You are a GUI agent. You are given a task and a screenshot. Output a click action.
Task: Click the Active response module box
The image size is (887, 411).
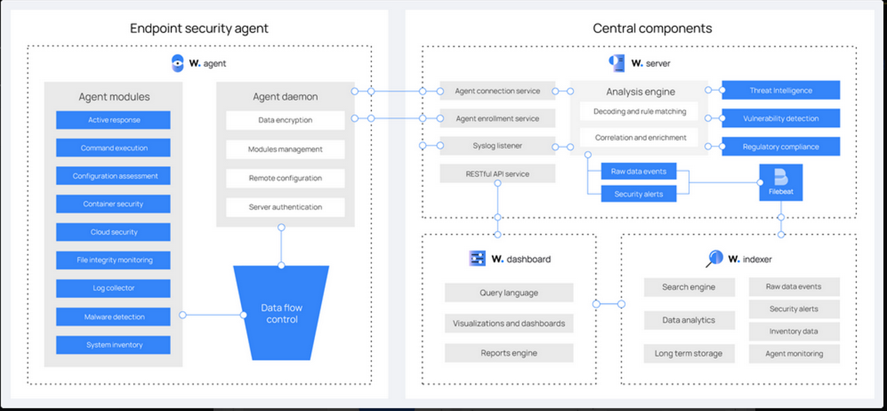point(113,120)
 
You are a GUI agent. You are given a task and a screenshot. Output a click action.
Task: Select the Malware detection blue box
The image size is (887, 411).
point(113,316)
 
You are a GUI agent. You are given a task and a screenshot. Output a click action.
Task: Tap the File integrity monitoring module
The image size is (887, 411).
point(113,260)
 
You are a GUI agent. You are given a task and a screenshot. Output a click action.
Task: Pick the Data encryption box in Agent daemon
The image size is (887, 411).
point(285,120)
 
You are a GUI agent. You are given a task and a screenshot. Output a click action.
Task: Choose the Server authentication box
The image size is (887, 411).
point(285,207)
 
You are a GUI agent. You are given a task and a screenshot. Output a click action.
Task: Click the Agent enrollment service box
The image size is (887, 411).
point(497,119)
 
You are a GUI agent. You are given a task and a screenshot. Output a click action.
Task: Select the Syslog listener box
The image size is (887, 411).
point(497,146)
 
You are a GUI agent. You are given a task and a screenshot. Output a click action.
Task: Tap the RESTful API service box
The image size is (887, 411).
point(497,174)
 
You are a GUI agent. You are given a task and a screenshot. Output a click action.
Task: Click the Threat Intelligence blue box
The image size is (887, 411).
point(781,91)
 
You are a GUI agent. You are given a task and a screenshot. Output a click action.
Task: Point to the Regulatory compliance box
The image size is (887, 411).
point(781,146)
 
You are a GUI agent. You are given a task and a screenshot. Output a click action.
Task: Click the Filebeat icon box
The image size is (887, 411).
point(781,182)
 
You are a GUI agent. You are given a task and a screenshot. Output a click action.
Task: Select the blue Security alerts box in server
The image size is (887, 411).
point(638,194)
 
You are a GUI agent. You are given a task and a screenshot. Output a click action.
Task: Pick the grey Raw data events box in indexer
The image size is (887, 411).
point(794,286)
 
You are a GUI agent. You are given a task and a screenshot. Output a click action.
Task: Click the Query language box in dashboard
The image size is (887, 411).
point(509,292)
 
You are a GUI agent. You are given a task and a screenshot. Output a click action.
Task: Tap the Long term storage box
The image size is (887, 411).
point(688,353)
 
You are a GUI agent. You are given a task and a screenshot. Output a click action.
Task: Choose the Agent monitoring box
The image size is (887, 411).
point(794,353)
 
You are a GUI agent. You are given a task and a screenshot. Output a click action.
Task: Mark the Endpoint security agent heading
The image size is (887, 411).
point(199,28)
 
